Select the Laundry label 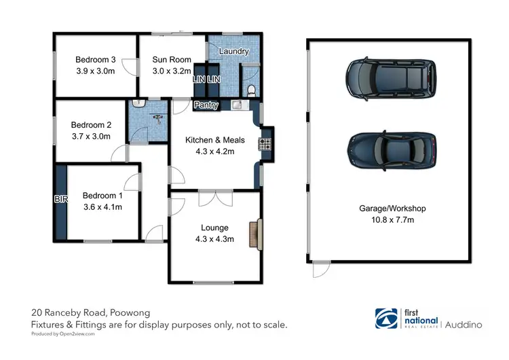tap(233, 51)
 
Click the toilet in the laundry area tap(251, 90)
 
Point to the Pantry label tap(206, 105)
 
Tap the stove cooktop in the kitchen tap(263, 143)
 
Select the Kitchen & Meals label tap(210, 140)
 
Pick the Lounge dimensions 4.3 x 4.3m tap(214, 238)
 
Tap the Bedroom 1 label tap(102, 196)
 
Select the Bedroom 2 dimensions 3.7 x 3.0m tap(91, 135)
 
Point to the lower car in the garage tap(392, 151)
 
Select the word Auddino tap(464, 325)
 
